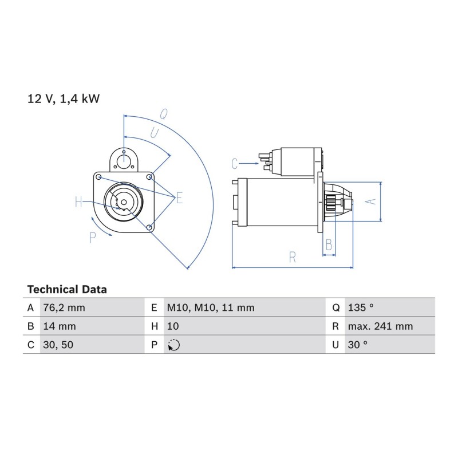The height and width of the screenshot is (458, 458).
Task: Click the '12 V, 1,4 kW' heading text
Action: point(64,99)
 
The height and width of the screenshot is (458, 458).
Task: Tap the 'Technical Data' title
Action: point(67,290)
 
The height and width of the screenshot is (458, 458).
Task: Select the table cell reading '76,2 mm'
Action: point(64,307)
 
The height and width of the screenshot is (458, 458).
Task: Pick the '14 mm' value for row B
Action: point(60,326)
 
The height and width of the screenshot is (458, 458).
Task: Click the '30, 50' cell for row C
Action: point(58,345)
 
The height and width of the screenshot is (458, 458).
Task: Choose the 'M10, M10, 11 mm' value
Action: point(211,307)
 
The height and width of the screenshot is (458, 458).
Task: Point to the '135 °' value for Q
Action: point(361,307)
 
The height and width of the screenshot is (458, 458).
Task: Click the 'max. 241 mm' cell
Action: point(380,326)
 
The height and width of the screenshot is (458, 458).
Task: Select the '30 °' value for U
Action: point(357,345)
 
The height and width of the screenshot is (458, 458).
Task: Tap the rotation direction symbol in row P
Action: point(174,345)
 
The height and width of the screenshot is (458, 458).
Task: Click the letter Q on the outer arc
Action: point(164,114)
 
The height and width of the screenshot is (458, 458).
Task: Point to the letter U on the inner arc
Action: point(155,133)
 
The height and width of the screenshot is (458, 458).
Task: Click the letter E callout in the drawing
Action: point(179,198)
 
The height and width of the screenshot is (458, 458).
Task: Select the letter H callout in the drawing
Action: point(78,202)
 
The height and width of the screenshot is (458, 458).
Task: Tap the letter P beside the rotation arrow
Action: point(93,238)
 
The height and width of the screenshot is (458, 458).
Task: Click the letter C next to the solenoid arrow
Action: point(235,164)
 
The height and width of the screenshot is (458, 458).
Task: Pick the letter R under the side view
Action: point(293,257)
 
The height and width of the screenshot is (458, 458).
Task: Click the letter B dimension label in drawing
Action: point(329,245)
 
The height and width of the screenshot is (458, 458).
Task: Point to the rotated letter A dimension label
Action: point(371,202)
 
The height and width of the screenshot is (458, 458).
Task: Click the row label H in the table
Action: point(155,326)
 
